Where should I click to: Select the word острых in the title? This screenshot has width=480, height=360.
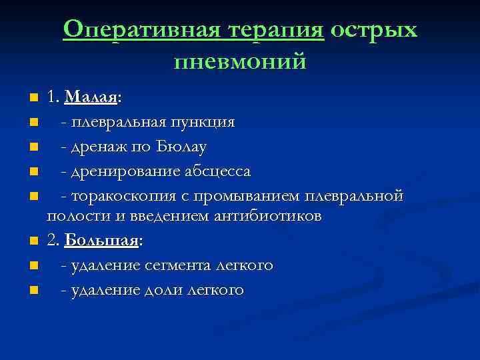[x=373, y=30]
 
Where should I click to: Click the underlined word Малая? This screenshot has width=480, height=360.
[x=91, y=97]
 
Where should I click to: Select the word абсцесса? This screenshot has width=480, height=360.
[x=217, y=171]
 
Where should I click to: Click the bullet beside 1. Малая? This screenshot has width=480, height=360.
[x=33, y=99]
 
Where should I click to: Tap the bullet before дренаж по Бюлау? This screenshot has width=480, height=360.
[x=33, y=147]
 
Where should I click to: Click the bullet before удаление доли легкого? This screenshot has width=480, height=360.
[x=33, y=291]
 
